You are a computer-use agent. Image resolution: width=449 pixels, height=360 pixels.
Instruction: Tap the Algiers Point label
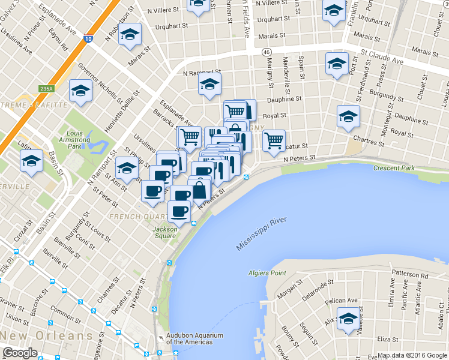pos(267,274)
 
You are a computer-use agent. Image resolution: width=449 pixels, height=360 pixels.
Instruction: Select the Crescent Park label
pos(394,168)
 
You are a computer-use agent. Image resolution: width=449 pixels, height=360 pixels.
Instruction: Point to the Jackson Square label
pos(165,232)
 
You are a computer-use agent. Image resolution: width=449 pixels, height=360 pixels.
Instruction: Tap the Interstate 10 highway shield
pos(88,39)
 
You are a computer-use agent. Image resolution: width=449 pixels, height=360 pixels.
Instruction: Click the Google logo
pos(20,353)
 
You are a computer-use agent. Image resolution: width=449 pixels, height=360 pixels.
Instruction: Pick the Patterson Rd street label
pos(408,275)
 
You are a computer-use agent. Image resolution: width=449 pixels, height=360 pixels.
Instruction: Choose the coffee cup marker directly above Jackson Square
pos(179,211)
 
